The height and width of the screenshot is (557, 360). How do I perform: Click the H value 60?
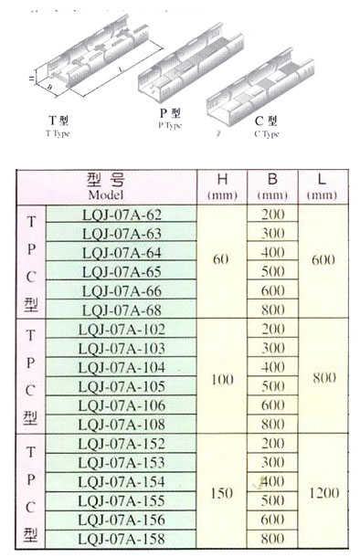(220, 260)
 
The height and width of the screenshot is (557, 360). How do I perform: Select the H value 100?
(220, 376)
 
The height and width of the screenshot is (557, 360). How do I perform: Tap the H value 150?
(220, 492)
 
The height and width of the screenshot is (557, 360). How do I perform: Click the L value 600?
(323, 260)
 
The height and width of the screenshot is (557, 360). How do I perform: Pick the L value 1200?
(323, 492)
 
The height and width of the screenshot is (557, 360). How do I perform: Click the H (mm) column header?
(220, 184)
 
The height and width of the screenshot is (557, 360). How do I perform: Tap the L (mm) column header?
(323, 184)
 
